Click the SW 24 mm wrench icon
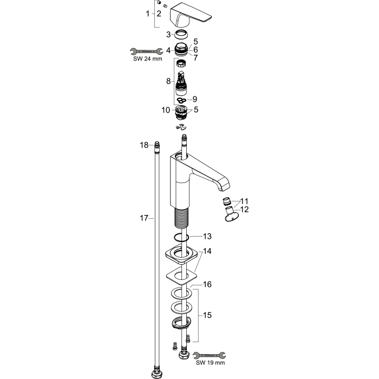point(147,51)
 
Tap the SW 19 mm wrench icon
point(210,355)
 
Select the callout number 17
point(144,218)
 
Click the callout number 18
point(144,145)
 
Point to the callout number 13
point(207,236)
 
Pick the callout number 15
point(207,315)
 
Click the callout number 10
point(166,110)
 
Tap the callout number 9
point(195,99)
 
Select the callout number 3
point(168,35)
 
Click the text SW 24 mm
point(148,58)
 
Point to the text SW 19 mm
point(210,363)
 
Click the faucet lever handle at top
point(191,16)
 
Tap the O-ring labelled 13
point(181,237)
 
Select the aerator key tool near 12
point(231,214)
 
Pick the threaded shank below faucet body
point(181,217)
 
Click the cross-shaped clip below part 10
point(181,126)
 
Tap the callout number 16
point(207,284)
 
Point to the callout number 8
point(168,81)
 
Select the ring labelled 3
point(181,35)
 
